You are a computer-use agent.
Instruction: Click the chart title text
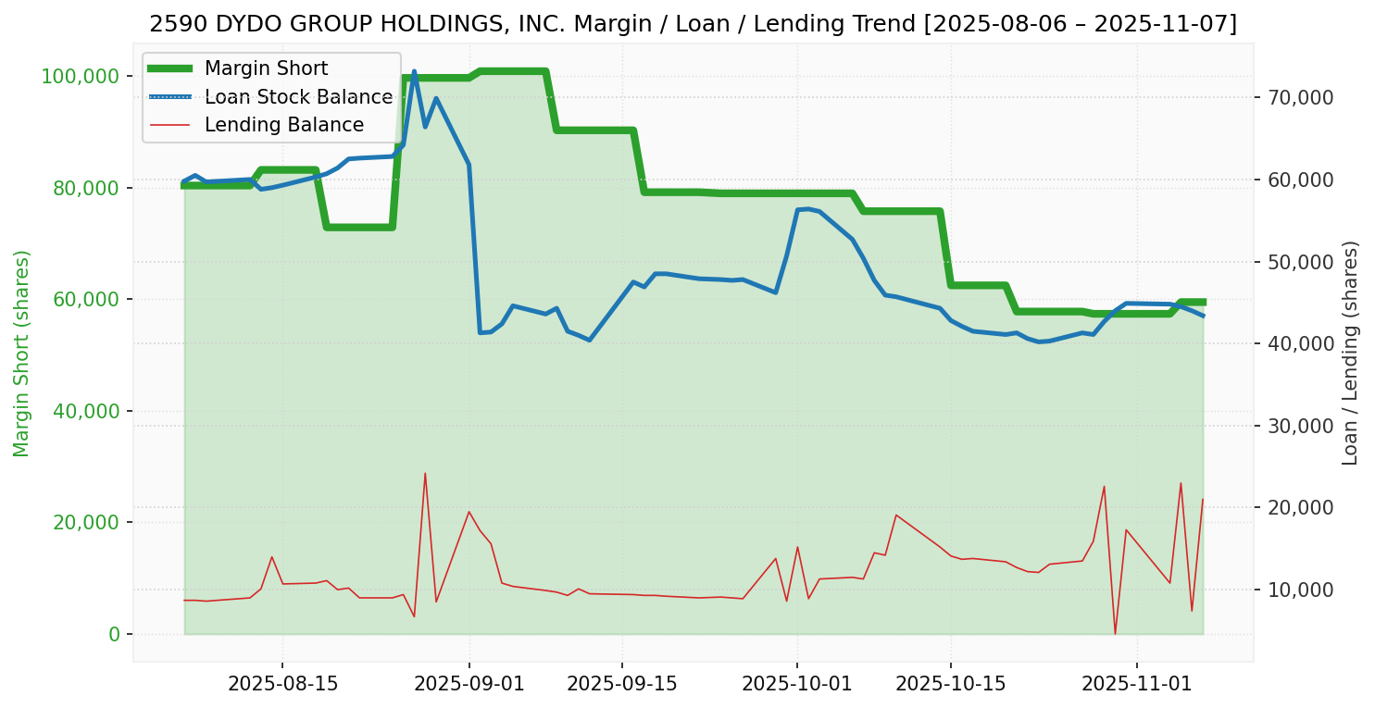693,24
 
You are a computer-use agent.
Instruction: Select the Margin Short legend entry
266,68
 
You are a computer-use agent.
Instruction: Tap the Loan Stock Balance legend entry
298,97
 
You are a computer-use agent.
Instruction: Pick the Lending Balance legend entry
283,125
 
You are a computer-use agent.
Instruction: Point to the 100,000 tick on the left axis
81,76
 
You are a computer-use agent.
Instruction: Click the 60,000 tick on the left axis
86,299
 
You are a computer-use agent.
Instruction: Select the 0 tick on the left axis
115,634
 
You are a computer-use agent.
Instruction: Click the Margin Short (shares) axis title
22,354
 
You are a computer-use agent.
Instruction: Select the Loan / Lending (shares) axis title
1351,354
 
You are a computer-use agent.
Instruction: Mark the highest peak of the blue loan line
414,71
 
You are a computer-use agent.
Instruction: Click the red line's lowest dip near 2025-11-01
1115,634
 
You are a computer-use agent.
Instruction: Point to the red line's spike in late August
425,474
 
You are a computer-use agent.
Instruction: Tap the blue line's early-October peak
807,208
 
